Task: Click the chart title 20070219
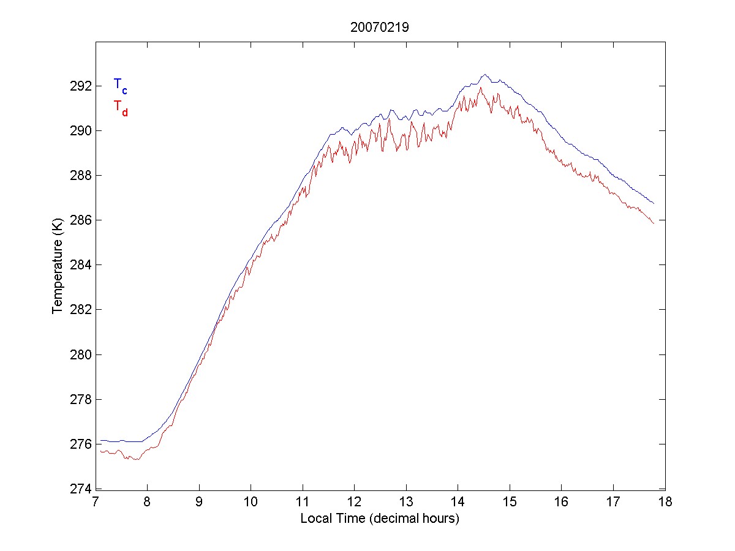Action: [x=380, y=27]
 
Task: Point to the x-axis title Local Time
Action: [x=380, y=519]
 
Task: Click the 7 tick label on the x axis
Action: [x=96, y=503]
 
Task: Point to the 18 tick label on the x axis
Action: [x=665, y=503]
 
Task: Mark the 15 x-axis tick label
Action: [x=510, y=503]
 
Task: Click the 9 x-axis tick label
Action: [x=199, y=503]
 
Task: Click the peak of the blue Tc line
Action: [x=484, y=75]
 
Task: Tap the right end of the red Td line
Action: [x=654, y=223]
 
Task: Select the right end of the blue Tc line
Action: [x=654, y=203]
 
